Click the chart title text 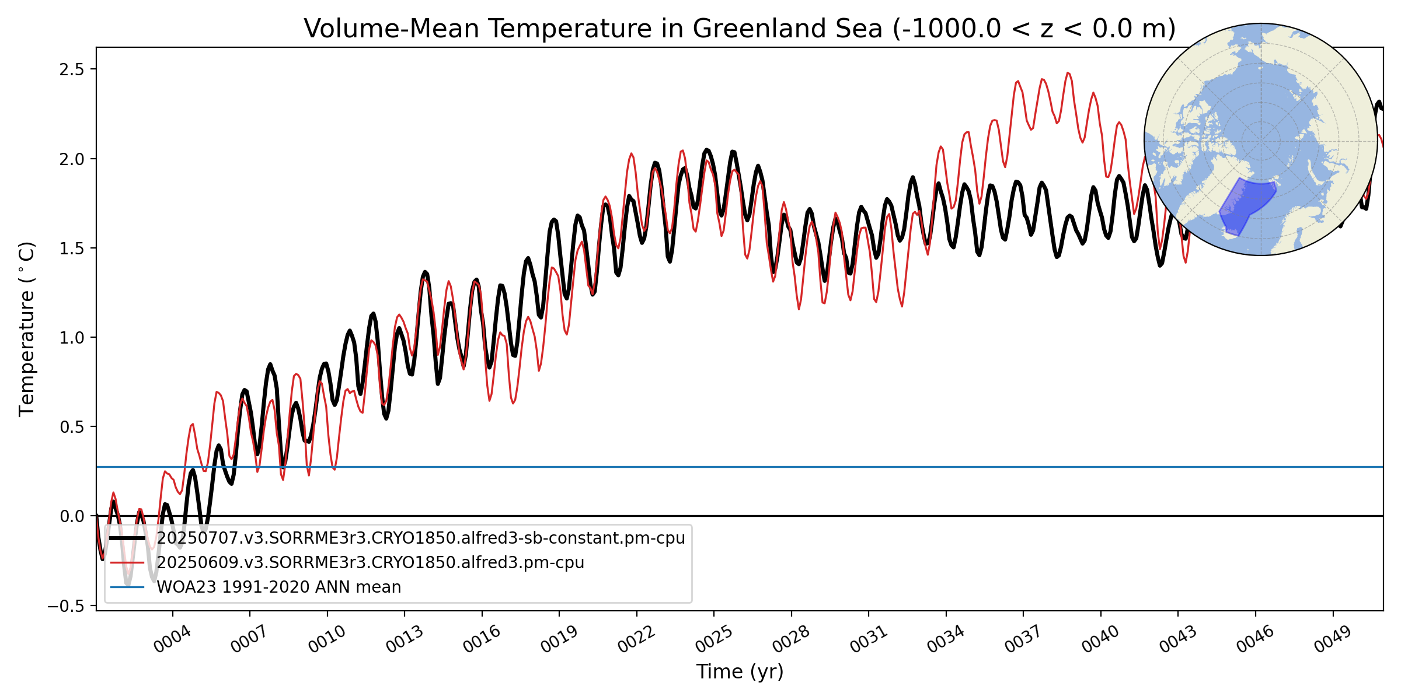(x=739, y=29)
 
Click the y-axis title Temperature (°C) (x=27, y=329)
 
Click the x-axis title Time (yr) (x=740, y=672)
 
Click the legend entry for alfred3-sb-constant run (x=420, y=538)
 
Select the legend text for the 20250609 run (x=370, y=562)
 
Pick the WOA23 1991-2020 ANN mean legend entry (x=278, y=587)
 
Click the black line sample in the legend (x=127, y=538)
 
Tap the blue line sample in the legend (x=127, y=587)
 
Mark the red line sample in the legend (x=127, y=562)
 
